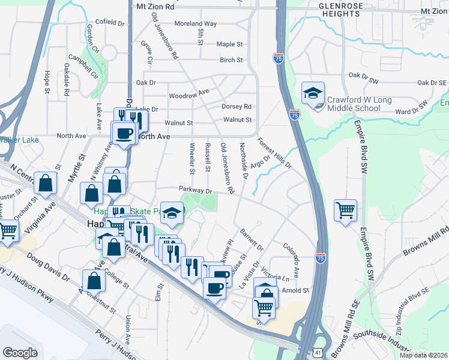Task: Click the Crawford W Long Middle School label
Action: click(354, 104)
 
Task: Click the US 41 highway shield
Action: click(316, 353)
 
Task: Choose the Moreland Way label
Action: click(195, 23)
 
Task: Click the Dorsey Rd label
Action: click(236, 106)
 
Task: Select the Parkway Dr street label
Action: click(196, 190)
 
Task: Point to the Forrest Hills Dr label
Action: click(274, 154)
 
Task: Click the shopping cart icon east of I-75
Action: click(345, 211)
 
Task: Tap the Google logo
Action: click(20, 352)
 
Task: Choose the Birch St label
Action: click(231, 60)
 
